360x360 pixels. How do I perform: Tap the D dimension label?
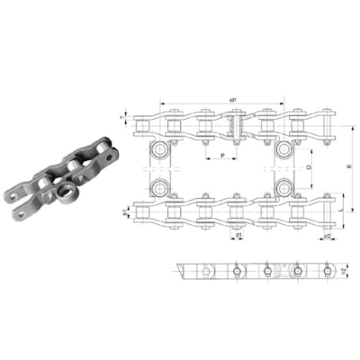[x=309, y=167]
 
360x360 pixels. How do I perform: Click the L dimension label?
[x=346, y=211]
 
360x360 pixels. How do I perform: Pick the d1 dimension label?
[x=238, y=236]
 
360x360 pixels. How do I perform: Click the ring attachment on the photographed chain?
[x=67, y=191]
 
